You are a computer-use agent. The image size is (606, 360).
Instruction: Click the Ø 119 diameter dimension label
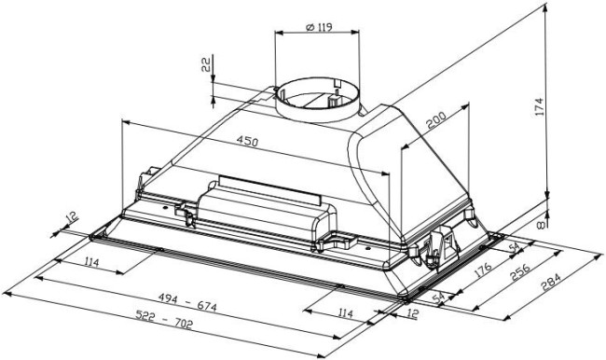(319, 27)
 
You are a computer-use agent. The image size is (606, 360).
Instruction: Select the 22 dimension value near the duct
(206, 64)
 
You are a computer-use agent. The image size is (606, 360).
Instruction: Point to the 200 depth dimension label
(436, 119)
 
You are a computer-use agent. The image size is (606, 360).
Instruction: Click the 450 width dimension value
(247, 141)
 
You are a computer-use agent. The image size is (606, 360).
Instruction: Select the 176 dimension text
(483, 270)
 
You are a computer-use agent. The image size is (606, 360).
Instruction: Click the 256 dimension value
(520, 272)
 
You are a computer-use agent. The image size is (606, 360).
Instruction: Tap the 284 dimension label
(550, 282)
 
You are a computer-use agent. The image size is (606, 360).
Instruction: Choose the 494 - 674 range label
(187, 302)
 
